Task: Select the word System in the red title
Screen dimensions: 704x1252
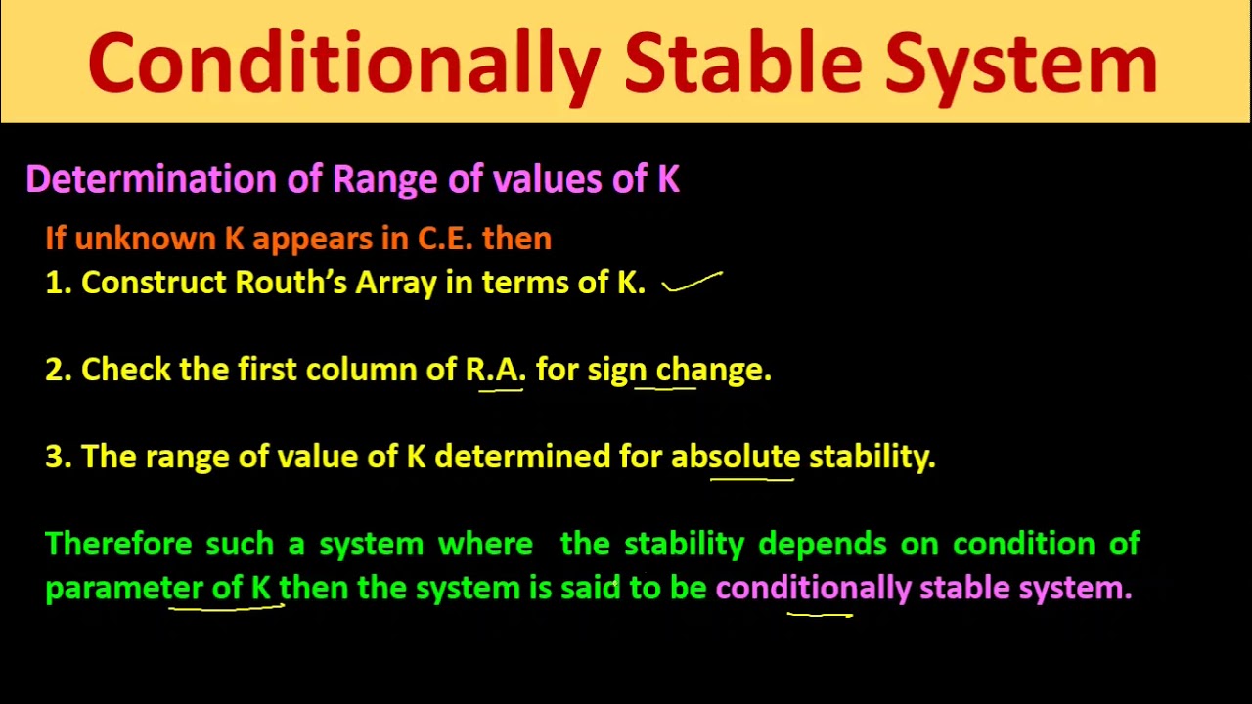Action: (1021, 64)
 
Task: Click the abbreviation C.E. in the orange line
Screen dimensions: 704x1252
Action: (445, 239)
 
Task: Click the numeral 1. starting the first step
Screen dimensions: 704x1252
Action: (57, 283)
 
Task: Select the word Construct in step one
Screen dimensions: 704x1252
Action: (154, 283)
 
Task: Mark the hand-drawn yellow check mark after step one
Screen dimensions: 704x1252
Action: (693, 284)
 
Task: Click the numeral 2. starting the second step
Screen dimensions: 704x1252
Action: (58, 370)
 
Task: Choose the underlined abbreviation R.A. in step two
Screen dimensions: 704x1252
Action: (496, 370)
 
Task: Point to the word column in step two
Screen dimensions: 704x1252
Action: (362, 370)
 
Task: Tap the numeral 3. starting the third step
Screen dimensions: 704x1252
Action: (58, 457)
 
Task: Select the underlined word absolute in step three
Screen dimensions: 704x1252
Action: (736, 457)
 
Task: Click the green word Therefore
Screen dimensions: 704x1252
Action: (120, 544)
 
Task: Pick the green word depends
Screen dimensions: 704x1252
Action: (824, 545)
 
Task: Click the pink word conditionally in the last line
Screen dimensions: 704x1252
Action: (813, 589)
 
